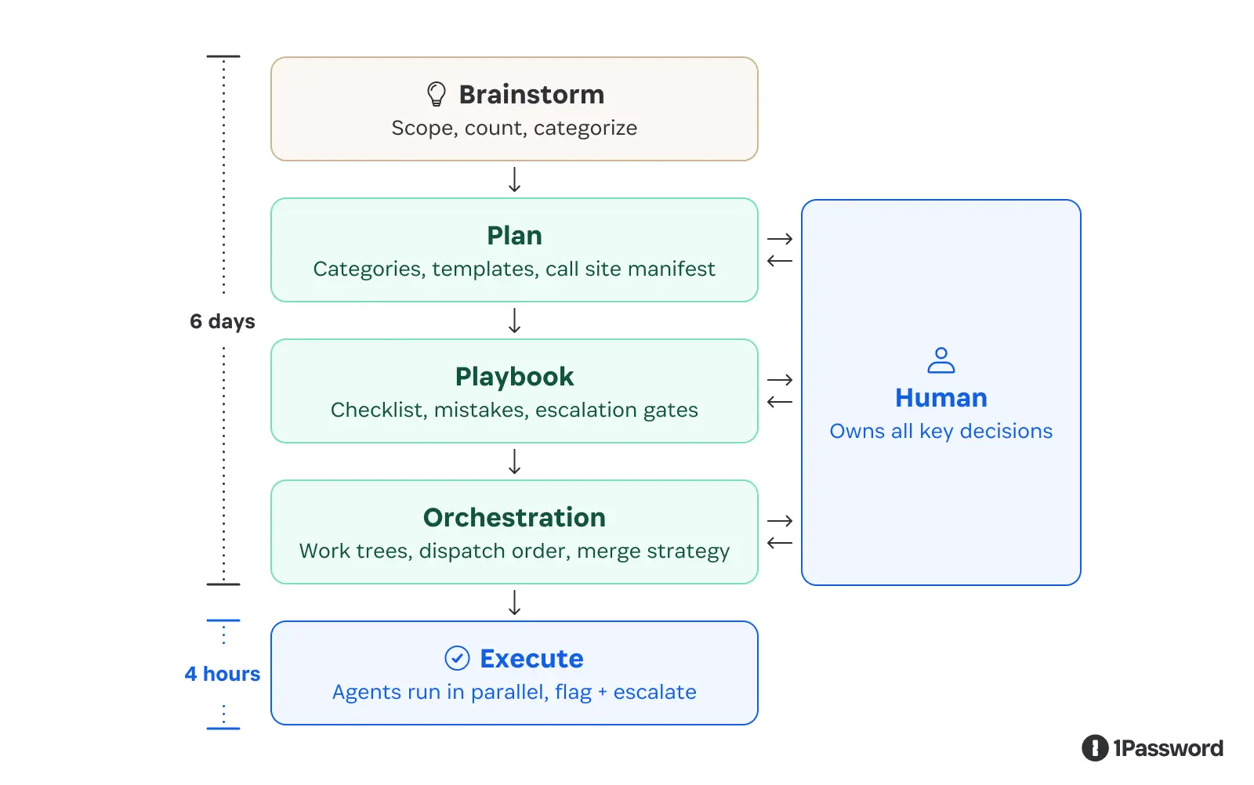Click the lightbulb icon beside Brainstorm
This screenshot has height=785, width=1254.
tap(437, 95)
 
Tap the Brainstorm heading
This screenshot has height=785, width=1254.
tap(531, 95)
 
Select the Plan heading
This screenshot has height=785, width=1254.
tap(514, 236)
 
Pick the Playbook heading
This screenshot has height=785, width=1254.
tap(514, 377)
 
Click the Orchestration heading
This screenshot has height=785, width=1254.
tap(514, 518)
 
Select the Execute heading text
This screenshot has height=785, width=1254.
tap(531, 659)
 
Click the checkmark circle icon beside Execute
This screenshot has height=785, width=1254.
tap(457, 658)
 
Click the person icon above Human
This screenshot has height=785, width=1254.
tap(940, 360)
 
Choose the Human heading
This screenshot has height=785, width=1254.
tap(940, 398)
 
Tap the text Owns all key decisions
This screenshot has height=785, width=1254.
tap(940, 431)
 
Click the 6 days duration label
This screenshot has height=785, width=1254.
tap(223, 321)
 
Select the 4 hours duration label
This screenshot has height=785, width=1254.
tap(223, 674)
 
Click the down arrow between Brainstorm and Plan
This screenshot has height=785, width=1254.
tap(514, 179)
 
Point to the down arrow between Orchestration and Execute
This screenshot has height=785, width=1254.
tap(514, 602)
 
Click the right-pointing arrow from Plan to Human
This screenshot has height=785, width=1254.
tap(780, 239)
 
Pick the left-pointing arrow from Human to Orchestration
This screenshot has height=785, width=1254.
tap(780, 543)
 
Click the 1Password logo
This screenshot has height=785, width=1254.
tap(1152, 748)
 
